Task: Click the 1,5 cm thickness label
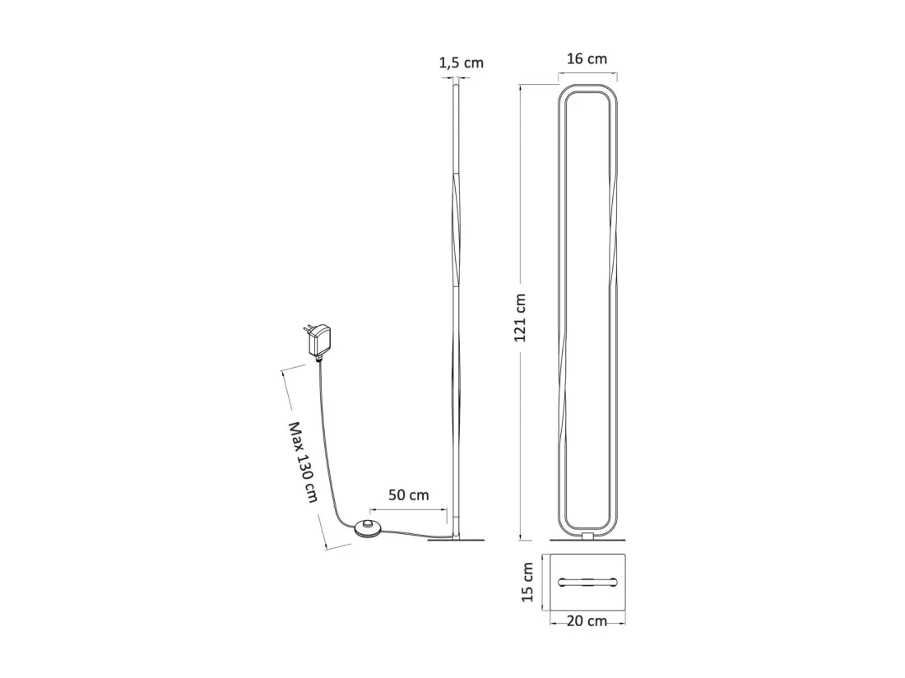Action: point(462,63)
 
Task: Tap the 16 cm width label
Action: point(587,59)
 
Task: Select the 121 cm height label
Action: point(521,318)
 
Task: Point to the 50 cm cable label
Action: point(409,495)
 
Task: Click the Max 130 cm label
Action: point(303,462)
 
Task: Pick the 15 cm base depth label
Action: point(527,583)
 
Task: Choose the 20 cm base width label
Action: point(587,621)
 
